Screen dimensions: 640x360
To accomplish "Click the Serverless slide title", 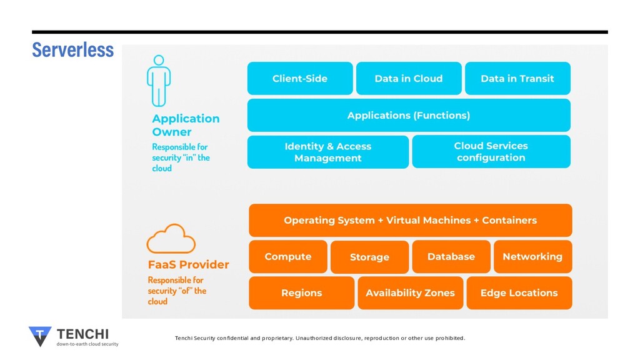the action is coord(73,50).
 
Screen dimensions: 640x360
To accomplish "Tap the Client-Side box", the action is coord(300,78).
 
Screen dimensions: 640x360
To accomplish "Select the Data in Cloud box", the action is coord(409,78).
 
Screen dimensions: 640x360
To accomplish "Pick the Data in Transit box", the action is coord(517,78).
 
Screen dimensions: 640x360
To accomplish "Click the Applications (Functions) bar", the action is coord(409,115).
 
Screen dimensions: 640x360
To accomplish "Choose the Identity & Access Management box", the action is coord(327,152).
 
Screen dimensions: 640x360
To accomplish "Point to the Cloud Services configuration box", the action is coord(491,151).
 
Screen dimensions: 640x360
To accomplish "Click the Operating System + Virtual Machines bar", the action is coord(410,221).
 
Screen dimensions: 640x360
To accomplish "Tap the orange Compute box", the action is coord(288,257).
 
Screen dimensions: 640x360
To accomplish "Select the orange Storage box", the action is coord(369,257).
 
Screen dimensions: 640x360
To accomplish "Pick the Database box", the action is coord(451,257).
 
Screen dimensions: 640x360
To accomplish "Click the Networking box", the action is coord(532,257).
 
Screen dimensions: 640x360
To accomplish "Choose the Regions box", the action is coord(302,293).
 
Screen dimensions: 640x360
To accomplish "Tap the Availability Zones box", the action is coord(410,293).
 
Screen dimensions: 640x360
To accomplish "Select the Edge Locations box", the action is coord(519,293).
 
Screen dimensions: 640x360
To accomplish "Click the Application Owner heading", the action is coord(186,125).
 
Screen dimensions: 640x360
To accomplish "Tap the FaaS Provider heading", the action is coord(188,264).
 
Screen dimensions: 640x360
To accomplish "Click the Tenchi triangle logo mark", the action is coord(40,336).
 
